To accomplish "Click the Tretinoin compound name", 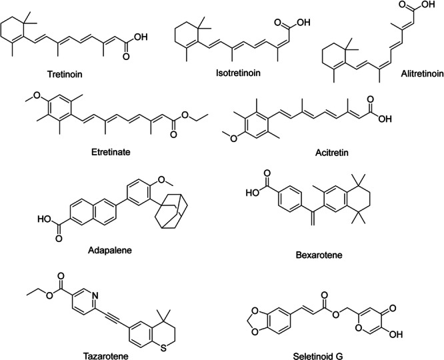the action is (x=65, y=74).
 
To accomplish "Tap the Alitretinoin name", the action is (x=422, y=73).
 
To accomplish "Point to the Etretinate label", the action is (x=111, y=152).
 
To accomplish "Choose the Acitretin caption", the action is (x=332, y=153).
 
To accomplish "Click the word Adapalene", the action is (x=110, y=251).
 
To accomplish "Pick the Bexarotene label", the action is (x=319, y=255).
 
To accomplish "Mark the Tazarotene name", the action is (x=105, y=356).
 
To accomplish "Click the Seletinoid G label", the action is (x=318, y=356).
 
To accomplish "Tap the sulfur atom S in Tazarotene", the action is (x=163, y=348).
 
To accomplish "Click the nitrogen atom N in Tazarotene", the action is (x=95, y=296).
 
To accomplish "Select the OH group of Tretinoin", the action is (x=141, y=37).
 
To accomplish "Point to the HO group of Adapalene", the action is (x=45, y=219).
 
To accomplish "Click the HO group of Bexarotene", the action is (x=253, y=193).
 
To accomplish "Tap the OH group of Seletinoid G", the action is (x=395, y=334).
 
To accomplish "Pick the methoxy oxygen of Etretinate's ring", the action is (x=37, y=95).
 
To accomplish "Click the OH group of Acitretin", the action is (x=385, y=119).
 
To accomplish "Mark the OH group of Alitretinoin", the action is (x=428, y=5).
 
